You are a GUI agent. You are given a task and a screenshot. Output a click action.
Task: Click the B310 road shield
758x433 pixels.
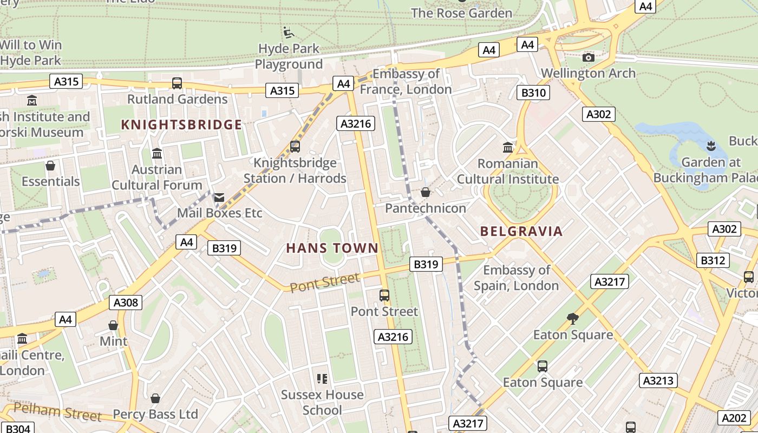pyautogui.click(x=533, y=93)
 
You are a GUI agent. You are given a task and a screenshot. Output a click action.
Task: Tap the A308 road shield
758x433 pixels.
pyautogui.click(x=126, y=302)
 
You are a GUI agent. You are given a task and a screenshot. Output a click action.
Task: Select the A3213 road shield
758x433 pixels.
pyautogui.click(x=658, y=380)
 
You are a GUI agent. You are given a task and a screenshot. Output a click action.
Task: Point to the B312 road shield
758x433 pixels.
pyautogui.click(x=712, y=260)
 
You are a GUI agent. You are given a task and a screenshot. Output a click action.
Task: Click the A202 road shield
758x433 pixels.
pyautogui.click(x=735, y=418)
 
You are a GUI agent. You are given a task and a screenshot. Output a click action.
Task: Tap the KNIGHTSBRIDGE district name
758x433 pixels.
pyautogui.click(x=181, y=125)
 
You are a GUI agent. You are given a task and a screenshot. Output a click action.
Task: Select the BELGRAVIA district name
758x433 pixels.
pyautogui.click(x=521, y=232)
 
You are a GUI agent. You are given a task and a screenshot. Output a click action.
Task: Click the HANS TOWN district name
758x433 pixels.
pyautogui.click(x=332, y=248)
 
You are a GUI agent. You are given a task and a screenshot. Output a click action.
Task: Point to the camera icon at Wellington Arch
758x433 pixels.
pyautogui.click(x=589, y=57)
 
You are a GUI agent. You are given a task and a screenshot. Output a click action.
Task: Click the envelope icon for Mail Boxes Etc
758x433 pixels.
pyautogui.click(x=219, y=198)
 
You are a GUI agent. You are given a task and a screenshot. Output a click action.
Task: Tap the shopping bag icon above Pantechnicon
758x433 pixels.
pyautogui.click(x=426, y=192)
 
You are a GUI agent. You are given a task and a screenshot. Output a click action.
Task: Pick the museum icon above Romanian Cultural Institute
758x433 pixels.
pyautogui.click(x=508, y=147)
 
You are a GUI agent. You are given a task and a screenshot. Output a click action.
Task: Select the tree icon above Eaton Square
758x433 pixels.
pyautogui.click(x=573, y=319)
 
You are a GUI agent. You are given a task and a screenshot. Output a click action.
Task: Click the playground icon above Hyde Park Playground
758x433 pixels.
pyautogui.click(x=289, y=32)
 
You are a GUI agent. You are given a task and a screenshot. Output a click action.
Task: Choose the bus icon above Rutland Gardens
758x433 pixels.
pyautogui.click(x=177, y=83)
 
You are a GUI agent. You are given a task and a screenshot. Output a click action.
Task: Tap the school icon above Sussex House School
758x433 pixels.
pyautogui.click(x=322, y=378)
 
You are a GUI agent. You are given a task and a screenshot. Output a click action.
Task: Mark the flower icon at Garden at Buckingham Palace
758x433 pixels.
pyautogui.click(x=711, y=146)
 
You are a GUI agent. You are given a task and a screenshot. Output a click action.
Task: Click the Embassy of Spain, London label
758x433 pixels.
pyautogui.click(x=517, y=278)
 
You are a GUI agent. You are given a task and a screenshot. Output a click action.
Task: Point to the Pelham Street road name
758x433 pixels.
pyautogui.click(x=57, y=412)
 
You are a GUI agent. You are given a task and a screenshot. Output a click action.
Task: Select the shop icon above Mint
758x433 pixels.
pyautogui.click(x=113, y=325)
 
